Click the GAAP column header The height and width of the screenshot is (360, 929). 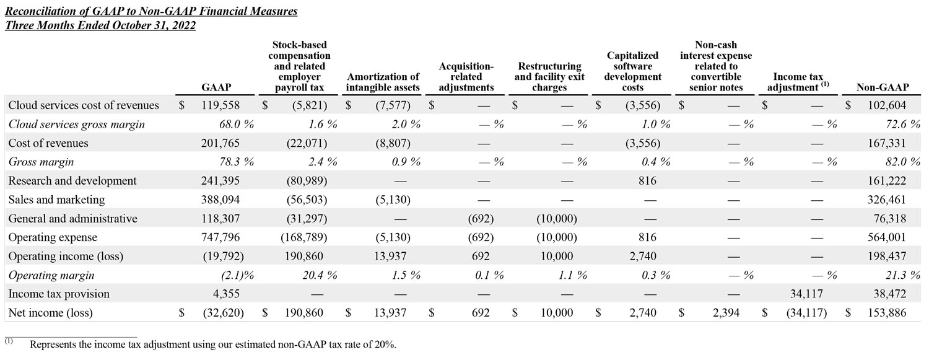pos(217,87)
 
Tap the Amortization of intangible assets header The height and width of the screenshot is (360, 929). pos(383,82)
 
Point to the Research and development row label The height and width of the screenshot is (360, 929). pos(72,181)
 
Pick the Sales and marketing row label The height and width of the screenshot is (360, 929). pos(56,200)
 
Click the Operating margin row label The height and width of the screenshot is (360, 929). pos(51,275)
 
